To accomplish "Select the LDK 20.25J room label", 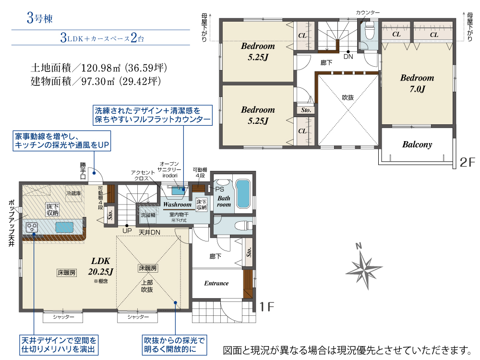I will click(x=101, y=266).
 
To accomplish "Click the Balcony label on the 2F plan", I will click(x=417, y=144).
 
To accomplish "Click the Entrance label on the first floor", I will click(x=216, y=283).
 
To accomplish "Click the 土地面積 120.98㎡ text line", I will click(x=98, y=68).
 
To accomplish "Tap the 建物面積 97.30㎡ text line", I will click(x=98, y=81).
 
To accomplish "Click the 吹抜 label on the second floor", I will click(x=348, y=97).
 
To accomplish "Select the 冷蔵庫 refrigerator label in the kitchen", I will click(x=74, y=193).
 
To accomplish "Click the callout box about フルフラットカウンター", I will click(x=153, y=115).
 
